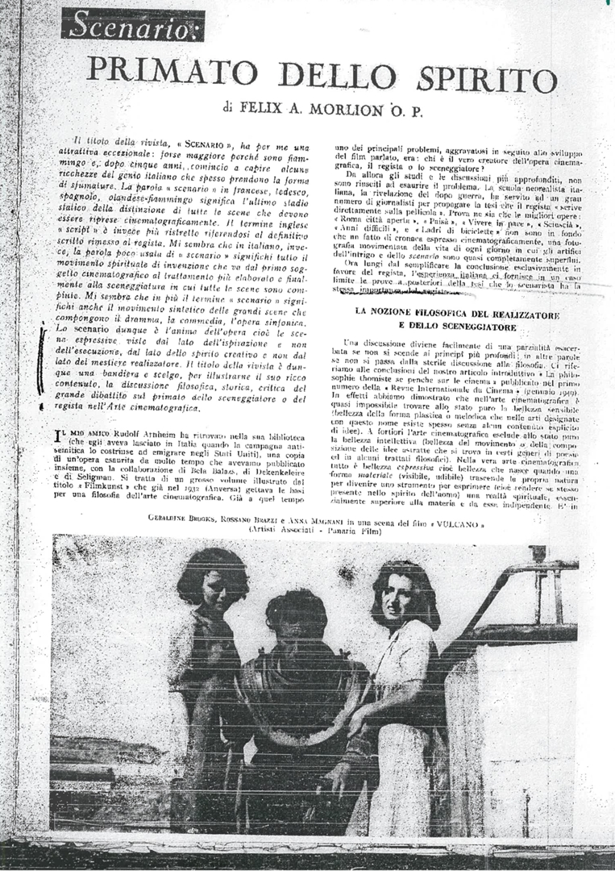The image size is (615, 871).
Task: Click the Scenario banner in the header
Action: pos(133,26)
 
